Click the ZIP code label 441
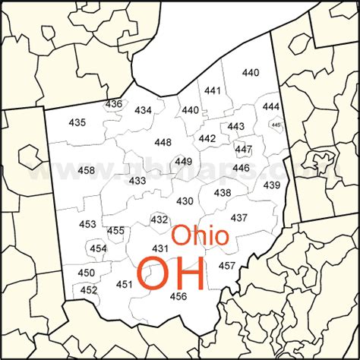[x=213, y=91]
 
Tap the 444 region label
[x=271, y=106]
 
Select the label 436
[x=114, y=103]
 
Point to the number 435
[x=77, y=122]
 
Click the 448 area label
[x=163, y=142]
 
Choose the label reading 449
[x=183, y=161]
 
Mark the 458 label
[x=86, y=170]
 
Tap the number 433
[x=137, y=181]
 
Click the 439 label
[x=271, y=185]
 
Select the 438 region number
[x=222, y=193]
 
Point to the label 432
[x=159, y=219]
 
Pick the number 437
[x=239, y=217]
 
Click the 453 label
[x=87, y=224]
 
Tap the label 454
[x=98, y=248]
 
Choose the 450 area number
[x=87, y=273]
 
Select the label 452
[x=89, y=290]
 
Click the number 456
[x=178, y=296]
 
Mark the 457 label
[x=226, y=265]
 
